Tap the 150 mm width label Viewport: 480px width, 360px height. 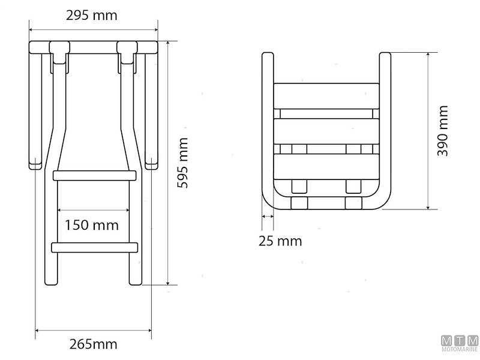click(92, 226)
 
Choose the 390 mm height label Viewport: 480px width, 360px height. click(443, 131)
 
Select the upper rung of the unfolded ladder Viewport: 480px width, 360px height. click(96, 175)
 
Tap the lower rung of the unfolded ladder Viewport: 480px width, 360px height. click(96, 247)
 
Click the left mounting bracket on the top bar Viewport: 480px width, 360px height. click(59, 51)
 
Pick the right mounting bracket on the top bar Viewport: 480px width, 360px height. click(127, 51)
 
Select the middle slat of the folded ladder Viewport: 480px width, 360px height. click(327, 130)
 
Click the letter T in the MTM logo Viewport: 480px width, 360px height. click(460, 340)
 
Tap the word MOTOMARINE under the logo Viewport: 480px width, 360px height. click(460, 349)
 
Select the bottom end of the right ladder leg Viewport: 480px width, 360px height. click(135, 282)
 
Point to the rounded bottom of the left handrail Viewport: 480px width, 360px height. click(34, 164)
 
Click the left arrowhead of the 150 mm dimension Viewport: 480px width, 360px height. click(59, 211)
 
